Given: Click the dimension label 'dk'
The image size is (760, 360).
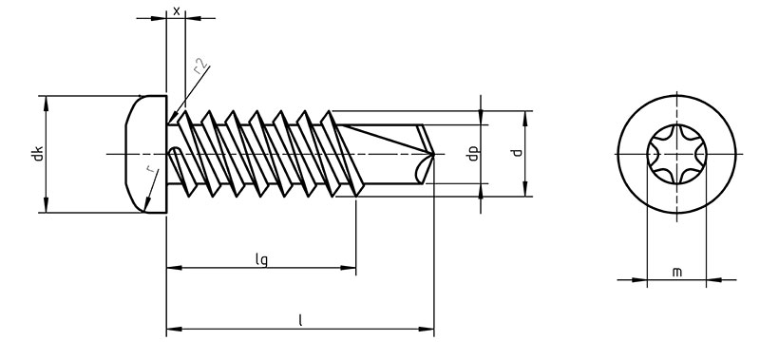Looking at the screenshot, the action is pyautogui.click(x=39, y=154).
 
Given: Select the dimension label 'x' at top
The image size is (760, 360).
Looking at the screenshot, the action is pyautogui.click(x=177, y=10).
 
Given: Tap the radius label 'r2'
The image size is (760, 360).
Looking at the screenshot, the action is pyautogui.click(x=200, y=66).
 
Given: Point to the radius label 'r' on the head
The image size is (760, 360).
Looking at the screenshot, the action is pyautogui.click(x=151, y=169).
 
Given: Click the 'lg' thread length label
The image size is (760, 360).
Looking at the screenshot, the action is pyautogui.click(x=262, y=259).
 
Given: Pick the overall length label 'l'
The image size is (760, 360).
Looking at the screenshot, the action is pyautogui.click(x=300, y=320).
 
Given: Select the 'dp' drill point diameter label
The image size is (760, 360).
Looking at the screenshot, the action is pyautogui.click(x=473, y=154).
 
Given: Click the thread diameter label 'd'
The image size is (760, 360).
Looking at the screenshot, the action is pyautogui.click(x=518, y=152).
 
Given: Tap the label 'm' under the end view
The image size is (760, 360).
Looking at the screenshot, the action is pyautogui.click(x=677, y=273).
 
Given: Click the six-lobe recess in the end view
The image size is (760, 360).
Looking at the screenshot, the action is pyautogui.click(x=676, y=154).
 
